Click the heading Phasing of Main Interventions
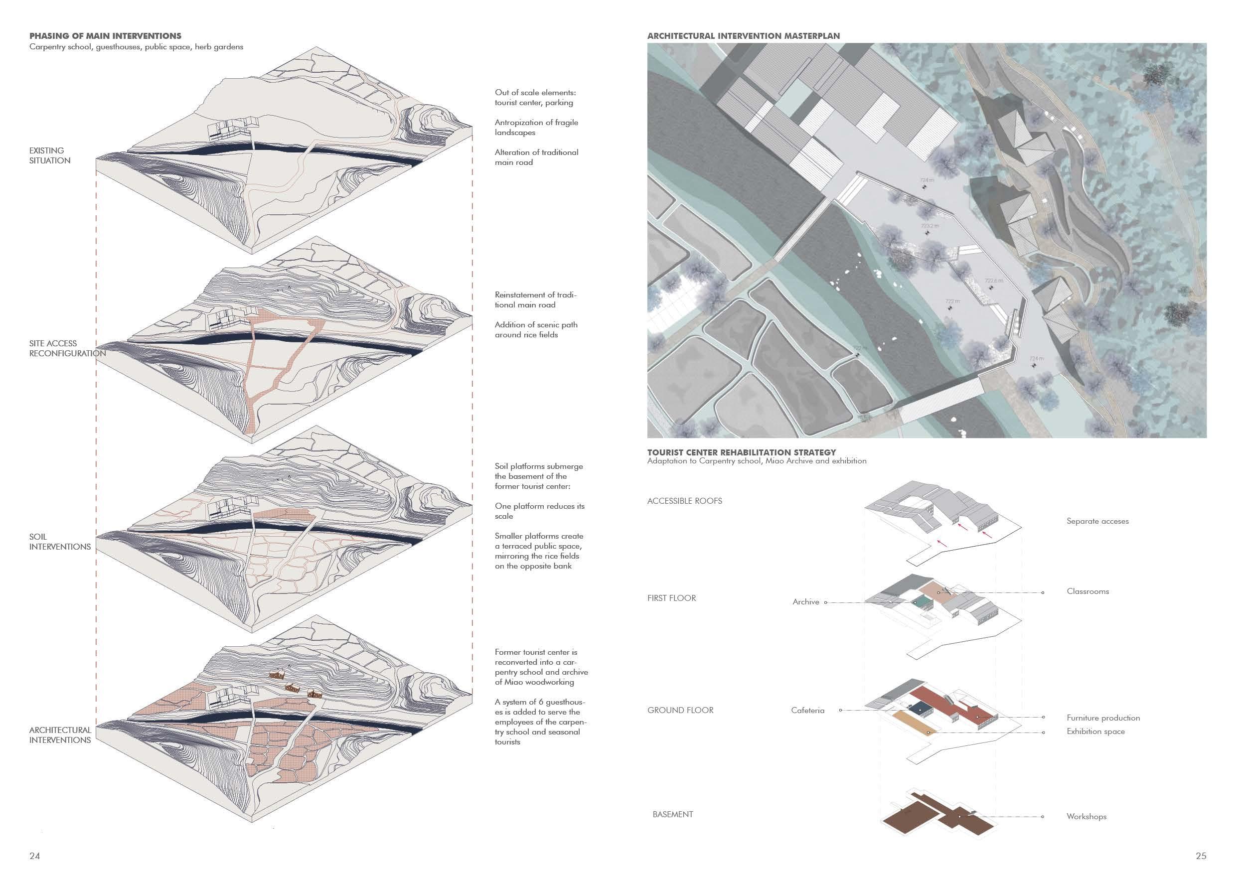point(105,36)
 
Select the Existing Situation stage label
point(49,155)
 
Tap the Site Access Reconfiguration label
point(67,348)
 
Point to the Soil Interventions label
point(60,542)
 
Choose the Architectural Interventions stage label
point(60,734)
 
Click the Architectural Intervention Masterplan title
point(744,36)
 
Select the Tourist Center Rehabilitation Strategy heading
point(741,452)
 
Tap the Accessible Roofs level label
point(684,500)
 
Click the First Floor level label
point(671,598)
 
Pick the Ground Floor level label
point(680,710)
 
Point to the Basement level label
point(672,814)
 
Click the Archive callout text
point(805,601)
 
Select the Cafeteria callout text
point(807,711)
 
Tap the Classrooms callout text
point(1087,591)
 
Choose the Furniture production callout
point(1103,718)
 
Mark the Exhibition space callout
point(1095,731)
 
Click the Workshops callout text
point(1086,816)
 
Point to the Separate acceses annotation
point(1097,521)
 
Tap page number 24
point(34,856)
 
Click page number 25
point(1201,856)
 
